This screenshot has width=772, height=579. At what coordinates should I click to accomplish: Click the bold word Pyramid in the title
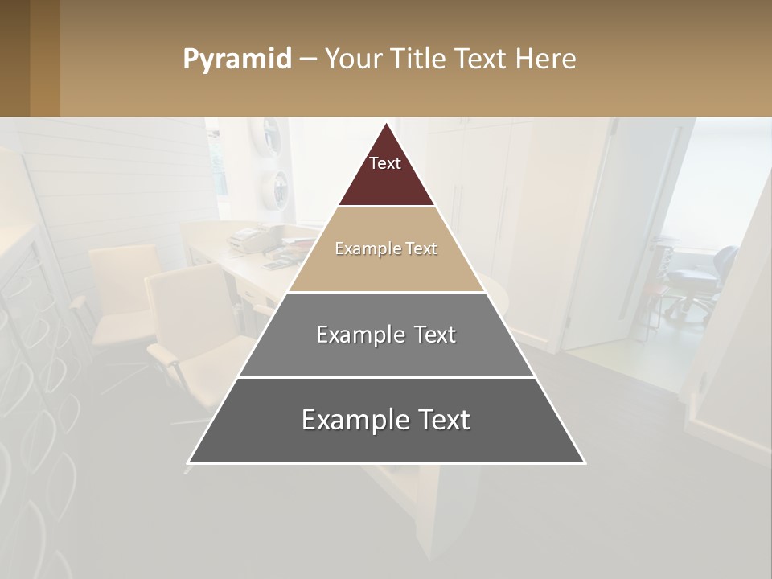pyautogui.click(x=237, y=60)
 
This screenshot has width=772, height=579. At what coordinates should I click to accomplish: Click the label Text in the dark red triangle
pyautogui.click(x=385, y=163)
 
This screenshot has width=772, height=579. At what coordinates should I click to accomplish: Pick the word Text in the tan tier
pyautogui.click(x=421, y=248)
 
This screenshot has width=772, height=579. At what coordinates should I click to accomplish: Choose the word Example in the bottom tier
pyautogui.click(x=354, y=420)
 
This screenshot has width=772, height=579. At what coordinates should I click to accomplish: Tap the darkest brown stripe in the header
pyautogui.click(x=14, y=58)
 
